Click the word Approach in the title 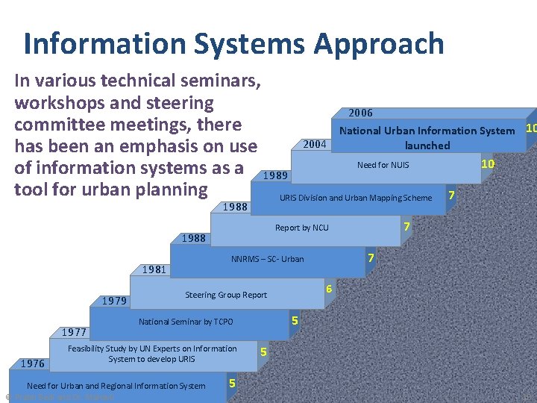[x=379, y=44]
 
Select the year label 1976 [x=32, y=363]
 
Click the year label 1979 [x=114, y=302]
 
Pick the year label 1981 [x=154, y=270]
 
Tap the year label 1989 [x=275, y=175]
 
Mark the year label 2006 [x=360, y=113]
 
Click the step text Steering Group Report [x=225, y=295]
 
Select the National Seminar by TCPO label [x=186, y=322]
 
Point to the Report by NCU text [x=301, y=228]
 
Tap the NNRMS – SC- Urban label [x=267, y=259]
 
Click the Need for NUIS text [x=383, y=165]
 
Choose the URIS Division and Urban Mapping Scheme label [x=355, y=198]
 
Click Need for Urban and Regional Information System [x=116, y=386]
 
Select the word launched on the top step [x=427, y=146]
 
